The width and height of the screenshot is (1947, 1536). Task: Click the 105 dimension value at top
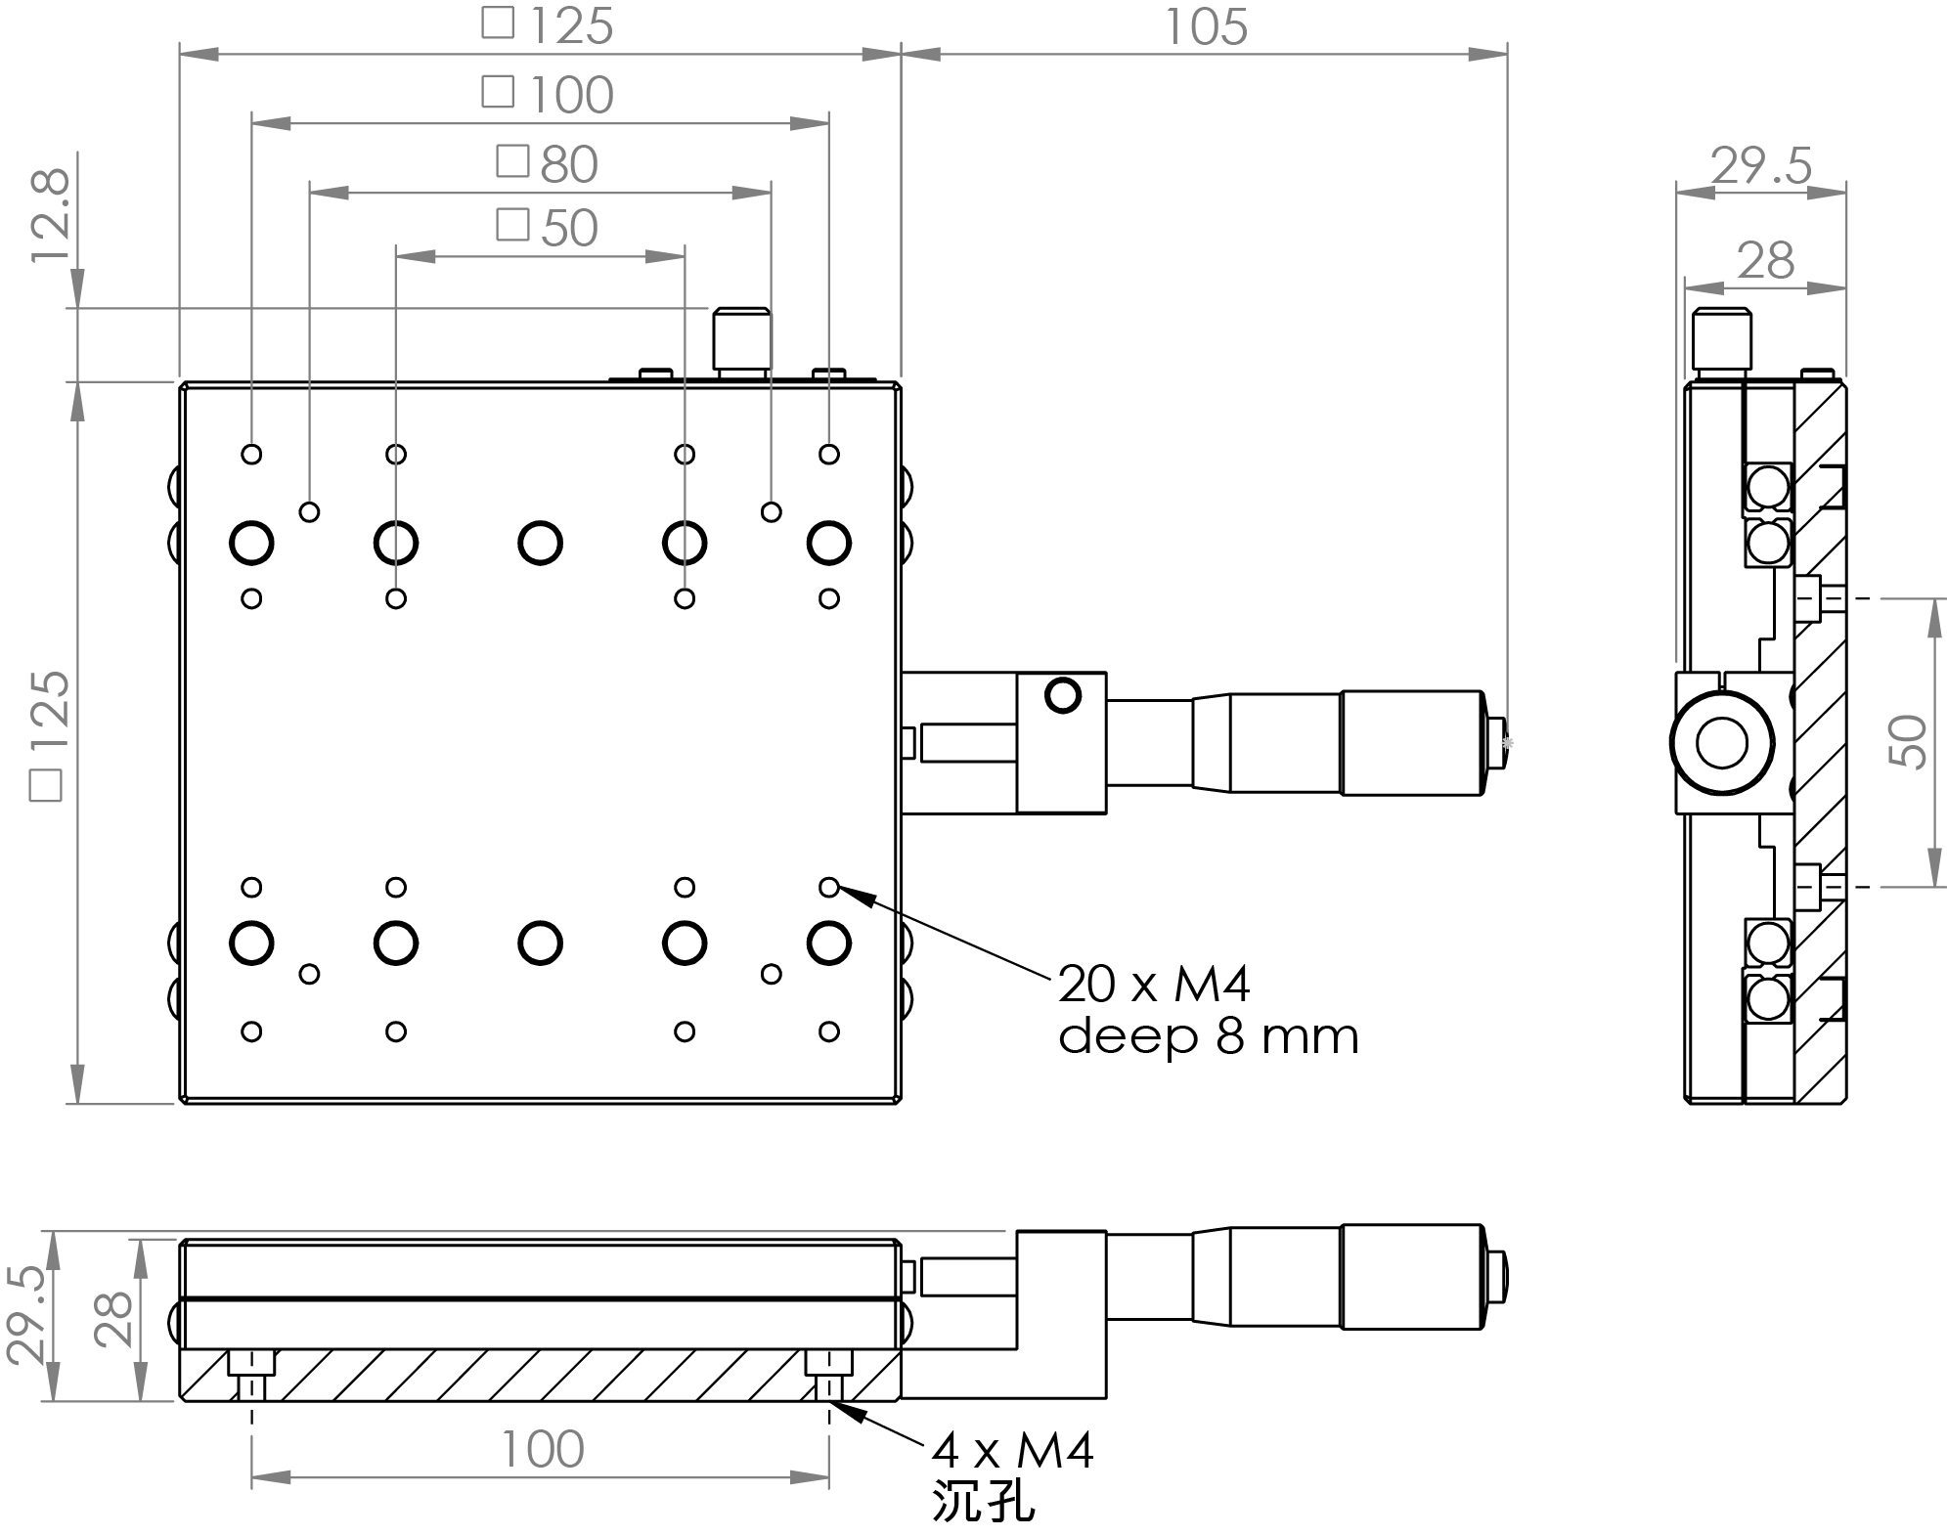coord(1206,27)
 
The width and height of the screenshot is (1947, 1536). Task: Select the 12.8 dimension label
coord(51,215)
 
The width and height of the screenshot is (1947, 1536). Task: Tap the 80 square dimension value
coord(568,164)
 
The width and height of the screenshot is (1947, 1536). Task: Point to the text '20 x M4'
coord(1154,984)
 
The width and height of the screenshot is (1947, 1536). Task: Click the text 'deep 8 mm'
coord(1209,1036)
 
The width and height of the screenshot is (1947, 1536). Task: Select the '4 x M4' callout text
coord(1013,1450)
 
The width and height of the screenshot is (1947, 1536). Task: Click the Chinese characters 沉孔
coord(984,1501)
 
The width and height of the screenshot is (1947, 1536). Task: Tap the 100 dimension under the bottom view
coord(542,1449)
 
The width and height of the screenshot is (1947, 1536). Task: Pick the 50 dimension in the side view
coord(1908,741)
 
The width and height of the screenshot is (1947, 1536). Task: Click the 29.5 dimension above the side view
coord(1761,166)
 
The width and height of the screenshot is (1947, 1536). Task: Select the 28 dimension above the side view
coord(1765,261)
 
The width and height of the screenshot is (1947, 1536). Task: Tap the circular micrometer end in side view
coord(1722,743)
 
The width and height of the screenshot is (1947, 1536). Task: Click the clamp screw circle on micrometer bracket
coord(1062,696)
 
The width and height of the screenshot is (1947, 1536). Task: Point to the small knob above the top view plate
coord(741,337)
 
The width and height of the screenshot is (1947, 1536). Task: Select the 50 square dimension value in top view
coord(568,228)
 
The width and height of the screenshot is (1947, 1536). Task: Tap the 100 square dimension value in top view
coord(571,95)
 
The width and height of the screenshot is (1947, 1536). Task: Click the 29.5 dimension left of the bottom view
coord(26,1316)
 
